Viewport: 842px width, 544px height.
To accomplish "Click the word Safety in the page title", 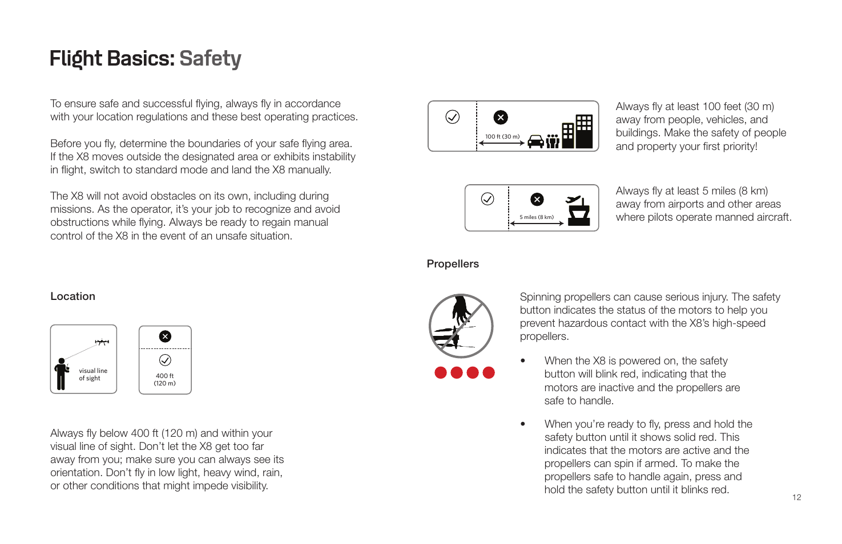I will (x=210, y=59).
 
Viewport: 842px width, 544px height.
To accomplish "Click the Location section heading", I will (x=72, y=297).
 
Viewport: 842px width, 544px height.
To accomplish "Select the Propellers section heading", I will (x=453, y=264).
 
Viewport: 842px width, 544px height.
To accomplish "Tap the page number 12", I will (x=796, y=497).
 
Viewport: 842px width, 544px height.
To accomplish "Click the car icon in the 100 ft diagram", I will (x=535, y=141).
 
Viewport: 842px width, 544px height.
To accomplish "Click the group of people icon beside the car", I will (x=553, y=141).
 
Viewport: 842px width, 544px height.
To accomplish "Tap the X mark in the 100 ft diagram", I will (x=501, y=117).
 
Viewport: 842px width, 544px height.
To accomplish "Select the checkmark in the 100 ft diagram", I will (x=452, y=117).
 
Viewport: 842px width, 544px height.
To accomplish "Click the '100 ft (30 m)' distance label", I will (x=502, y=136).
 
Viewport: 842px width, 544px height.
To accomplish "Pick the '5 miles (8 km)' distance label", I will (x=536, y=217).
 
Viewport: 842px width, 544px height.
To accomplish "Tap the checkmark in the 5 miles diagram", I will (x=488, y=198).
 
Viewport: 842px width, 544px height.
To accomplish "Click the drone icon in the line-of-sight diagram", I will (x=102, y=342).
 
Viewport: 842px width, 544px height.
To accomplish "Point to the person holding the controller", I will (x=61, y=374).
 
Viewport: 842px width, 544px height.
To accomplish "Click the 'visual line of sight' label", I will (x=92, y=374).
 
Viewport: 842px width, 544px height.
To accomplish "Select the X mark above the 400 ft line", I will (x=165, y=336).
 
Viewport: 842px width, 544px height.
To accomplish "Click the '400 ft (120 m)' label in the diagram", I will (x=164, y=379).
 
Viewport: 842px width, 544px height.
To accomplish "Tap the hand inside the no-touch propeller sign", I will (x=461, y=311).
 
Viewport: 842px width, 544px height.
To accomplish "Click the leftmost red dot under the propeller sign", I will (x=441, y=373).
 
